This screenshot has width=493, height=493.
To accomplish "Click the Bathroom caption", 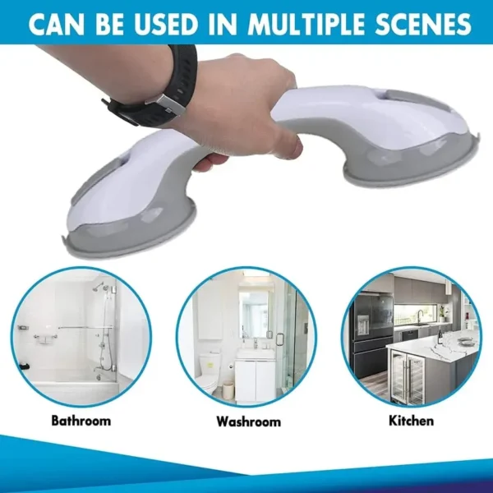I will pos(81,421).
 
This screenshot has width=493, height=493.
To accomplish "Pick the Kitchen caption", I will pos(412,421).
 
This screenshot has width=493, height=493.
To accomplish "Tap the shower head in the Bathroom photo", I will pos(100,288).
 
